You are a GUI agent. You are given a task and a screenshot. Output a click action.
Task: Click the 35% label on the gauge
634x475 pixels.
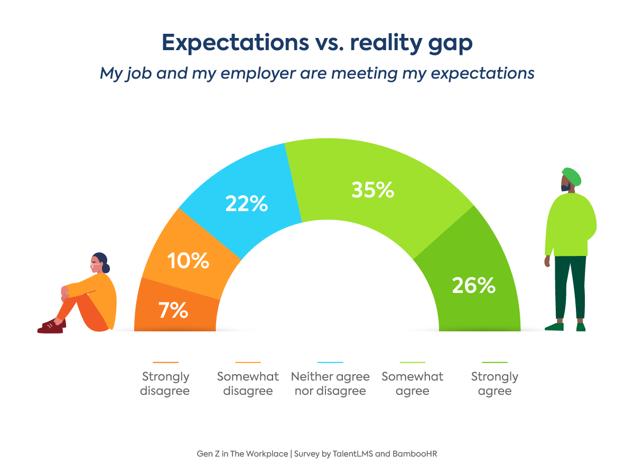coord(372,190)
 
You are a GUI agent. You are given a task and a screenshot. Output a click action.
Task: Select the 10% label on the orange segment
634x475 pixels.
coord(188,261)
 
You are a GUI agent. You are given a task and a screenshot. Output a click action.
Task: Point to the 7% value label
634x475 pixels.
coord(173,310)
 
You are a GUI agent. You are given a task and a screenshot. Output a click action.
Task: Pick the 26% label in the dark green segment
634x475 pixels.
coord(473,286)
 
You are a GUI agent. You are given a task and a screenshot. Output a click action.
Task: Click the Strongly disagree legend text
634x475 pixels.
coord(165,384)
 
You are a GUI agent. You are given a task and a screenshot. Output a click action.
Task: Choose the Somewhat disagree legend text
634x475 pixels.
coord(248,384)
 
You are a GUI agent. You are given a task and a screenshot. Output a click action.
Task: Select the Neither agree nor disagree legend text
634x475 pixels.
coord(330,384)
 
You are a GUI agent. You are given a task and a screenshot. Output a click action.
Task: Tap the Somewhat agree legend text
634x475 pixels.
coord(413,384)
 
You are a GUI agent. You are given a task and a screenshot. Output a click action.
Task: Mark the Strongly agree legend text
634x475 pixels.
coord(495,384)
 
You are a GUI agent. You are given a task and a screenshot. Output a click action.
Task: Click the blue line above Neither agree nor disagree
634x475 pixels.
coord(330,363)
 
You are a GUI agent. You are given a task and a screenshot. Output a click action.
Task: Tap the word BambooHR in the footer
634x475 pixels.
coord(414,453)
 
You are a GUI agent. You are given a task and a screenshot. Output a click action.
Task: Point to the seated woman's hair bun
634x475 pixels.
coord(106,268)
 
